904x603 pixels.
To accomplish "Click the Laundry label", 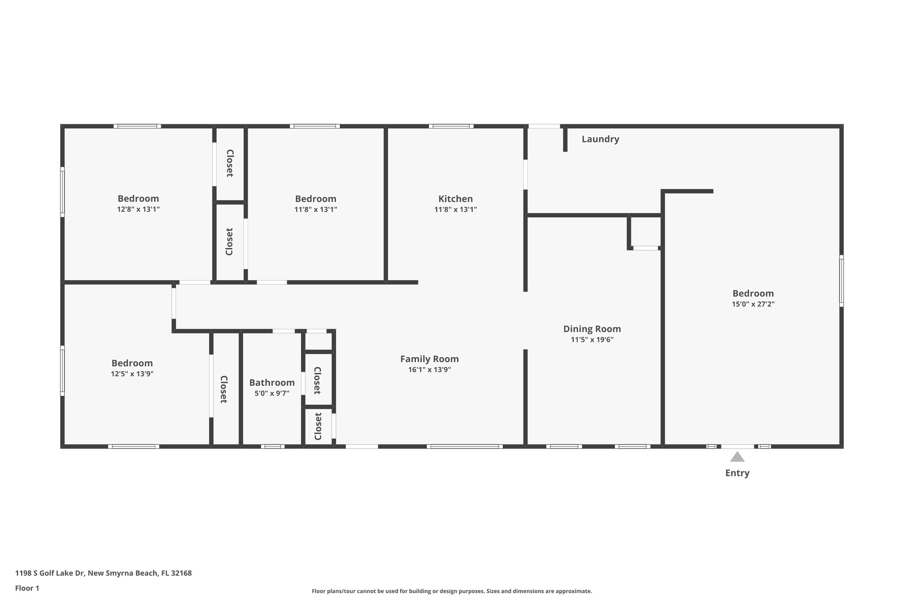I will point(600,139).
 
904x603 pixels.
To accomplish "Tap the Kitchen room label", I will point(455,199).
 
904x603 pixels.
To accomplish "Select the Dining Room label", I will point(591,329).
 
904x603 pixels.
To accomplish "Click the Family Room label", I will point(429,359).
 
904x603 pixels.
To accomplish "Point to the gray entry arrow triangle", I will point(737,457).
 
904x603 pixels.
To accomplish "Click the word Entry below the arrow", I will point(737,473).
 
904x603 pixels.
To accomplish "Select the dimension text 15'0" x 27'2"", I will point(753,304).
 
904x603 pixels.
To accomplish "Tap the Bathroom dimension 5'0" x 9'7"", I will point(271,394).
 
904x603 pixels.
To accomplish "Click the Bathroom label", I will point(271,383).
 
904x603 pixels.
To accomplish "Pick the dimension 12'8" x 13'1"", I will point(138,209).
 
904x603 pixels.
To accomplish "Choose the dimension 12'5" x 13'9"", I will point(132,374).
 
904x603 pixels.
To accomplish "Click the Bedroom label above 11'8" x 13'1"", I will point(315,199).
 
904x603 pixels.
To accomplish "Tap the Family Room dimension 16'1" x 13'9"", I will point(429,370).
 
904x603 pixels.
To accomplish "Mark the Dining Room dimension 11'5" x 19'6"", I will point(591,340).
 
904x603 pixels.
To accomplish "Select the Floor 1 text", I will point(27,588).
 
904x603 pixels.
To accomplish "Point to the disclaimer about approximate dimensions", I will point(452,591).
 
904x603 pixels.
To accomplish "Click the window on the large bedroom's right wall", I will point(841,281).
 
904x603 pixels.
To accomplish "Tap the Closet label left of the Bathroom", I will point(224,389).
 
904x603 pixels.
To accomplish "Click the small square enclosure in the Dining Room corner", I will point(645,231).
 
